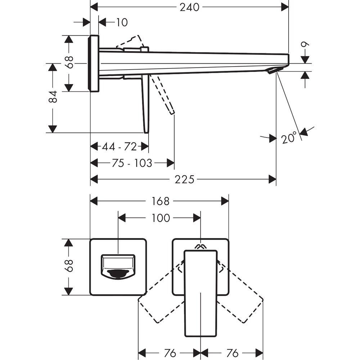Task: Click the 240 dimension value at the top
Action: coord(189,6)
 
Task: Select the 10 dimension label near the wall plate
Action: coord(122,22)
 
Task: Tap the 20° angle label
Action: coord(290,138)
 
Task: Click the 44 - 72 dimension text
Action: coord(120,147)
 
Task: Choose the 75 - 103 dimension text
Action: coord(132,163)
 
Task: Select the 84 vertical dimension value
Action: coord(53,96)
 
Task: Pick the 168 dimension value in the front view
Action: coord(160,201)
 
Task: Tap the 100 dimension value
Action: coord(161,218)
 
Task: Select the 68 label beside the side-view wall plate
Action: coord(69,63)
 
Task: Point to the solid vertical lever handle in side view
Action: coord(145,104)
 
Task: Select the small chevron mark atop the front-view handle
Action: coord(200,246)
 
